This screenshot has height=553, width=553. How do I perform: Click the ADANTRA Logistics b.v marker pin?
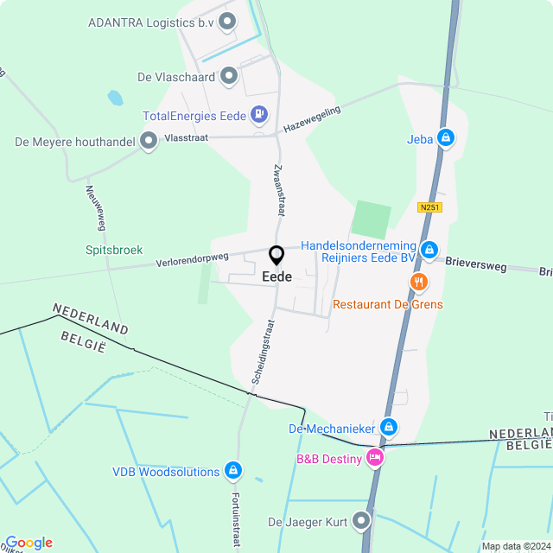[x=228, y=22]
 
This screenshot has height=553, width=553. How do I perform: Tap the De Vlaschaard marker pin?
[x=229, y=76]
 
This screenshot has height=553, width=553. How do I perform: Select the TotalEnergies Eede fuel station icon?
[x=258, y=114]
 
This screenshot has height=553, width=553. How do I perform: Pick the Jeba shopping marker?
[x=445, y=137]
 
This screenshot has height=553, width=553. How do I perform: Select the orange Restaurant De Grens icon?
[x=419, y=283]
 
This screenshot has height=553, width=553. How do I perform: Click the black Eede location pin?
[x=276, y=256]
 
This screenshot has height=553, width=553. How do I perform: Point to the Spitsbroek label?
[x=114, y=250]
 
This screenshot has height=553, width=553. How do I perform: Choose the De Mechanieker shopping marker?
[x=389, y=427]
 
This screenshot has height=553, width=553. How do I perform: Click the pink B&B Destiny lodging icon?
[x=374, y=458]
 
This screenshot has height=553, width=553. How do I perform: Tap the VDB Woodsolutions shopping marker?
[x=232, y=471]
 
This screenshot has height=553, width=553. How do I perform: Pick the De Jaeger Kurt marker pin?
[x=361, y=521]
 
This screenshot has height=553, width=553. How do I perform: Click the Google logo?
[x=28, y=543]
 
